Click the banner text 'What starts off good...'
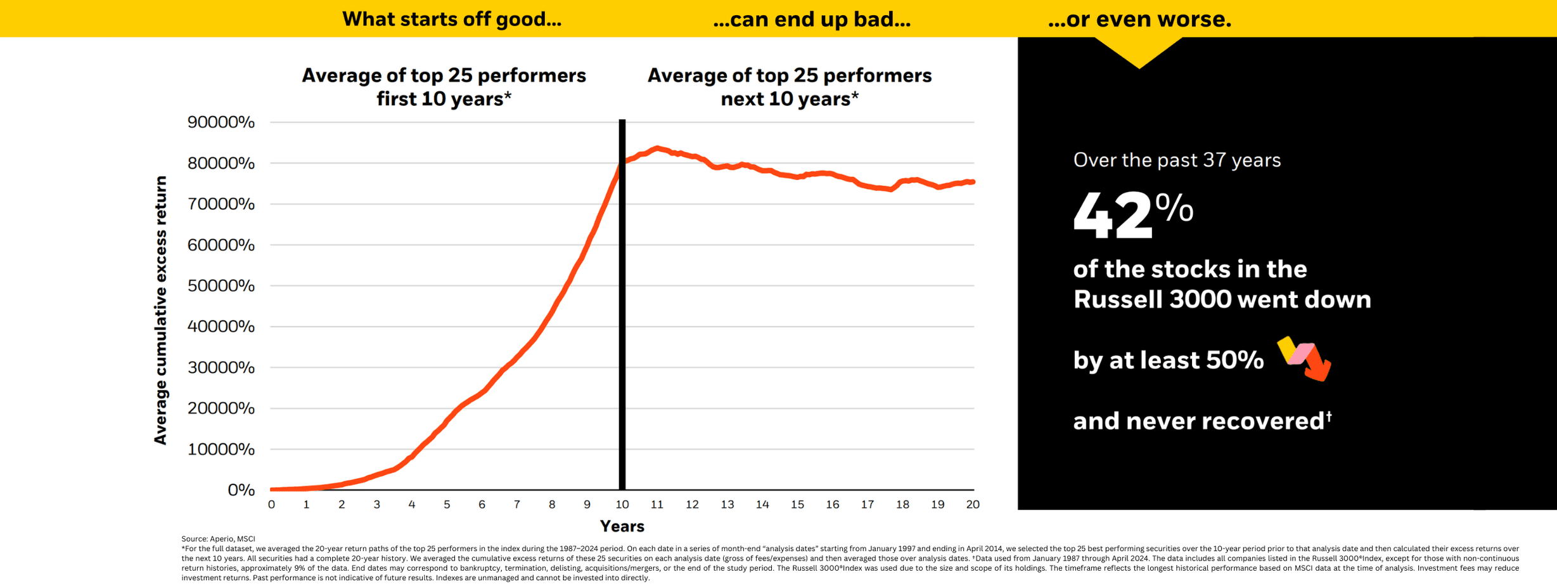pyautogui.click(x=451, y=19)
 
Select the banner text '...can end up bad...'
pyautogui.click(x=811, y=20)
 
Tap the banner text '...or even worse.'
pyautogui.click(x=1139, y=19)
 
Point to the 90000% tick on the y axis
pyautogui.click(x=221, y=122)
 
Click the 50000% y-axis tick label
pyautogui.click(x=221, y=285)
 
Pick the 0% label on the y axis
pyautogui.click(x=241, y=490)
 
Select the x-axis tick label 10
pyautogui.click(x=622, y=505)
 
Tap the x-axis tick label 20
pyautogui.click(x=972, y=505)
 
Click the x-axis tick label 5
pyautogui.click(x=447, y=505)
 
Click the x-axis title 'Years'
pyautogui.click(x=622, y=526)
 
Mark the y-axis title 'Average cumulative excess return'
pyautogui.click(x=161, y=310)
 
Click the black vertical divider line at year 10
pyautogui.click(x=622, y=317)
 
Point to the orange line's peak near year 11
pyautogui.click(x=658, y=148)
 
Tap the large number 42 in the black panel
pyautogui.click(x=1112, y=216)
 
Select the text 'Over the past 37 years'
pyautogui.click(x=1177, y=160)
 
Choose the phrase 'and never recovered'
pyautogui.click(x=1198, y=421)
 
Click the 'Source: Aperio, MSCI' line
pyautogui.click(x=218, y=538)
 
